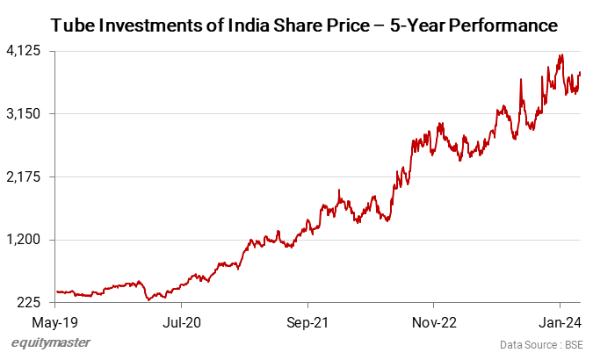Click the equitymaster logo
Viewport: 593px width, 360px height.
(x=50, y=343)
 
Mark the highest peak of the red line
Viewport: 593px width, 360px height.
(x=560, y=55)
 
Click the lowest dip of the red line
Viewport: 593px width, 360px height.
(x=149, y=299)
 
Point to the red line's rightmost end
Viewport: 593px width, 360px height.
(x=580, y=73)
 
